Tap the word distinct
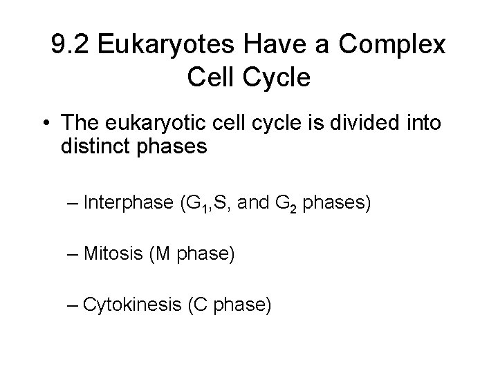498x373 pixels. coord(88,147)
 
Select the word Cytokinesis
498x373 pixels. coord(131,304)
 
